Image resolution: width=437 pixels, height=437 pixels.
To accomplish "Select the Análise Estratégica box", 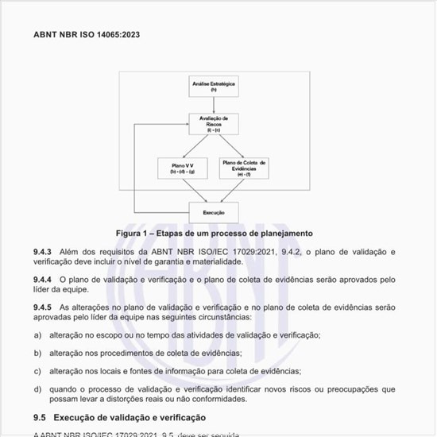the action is [215, 86].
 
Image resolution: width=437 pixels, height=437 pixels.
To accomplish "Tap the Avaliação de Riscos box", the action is [215, 124].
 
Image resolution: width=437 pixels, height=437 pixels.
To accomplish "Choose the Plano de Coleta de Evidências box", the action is [245, 167].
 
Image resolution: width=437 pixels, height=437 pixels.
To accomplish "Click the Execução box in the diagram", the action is [215, 212].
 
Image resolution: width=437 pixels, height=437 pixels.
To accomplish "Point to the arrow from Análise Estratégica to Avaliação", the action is [215, 105].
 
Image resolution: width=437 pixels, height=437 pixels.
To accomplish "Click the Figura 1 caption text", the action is [215, 234].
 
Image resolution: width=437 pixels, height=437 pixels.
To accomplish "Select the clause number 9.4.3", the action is [43, 252].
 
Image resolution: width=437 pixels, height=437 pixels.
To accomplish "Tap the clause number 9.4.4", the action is [43, 280].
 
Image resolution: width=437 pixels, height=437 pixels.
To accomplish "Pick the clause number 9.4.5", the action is [43, 307].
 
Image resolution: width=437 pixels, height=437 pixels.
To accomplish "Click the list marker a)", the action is [37, 335].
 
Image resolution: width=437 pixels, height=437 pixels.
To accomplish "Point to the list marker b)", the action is [37, 353].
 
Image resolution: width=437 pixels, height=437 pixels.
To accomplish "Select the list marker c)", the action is [37, 371].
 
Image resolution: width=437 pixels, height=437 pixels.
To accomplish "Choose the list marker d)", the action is [37, 389].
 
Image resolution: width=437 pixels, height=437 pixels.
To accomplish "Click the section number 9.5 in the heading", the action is [40, 417].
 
